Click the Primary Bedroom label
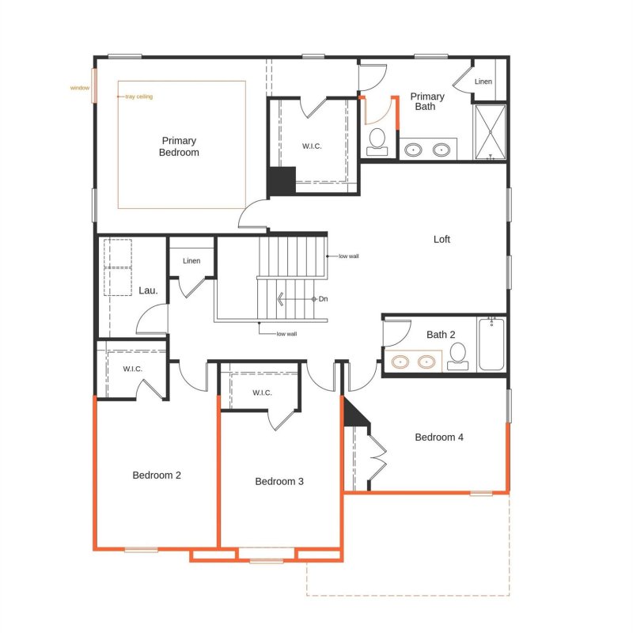click(x=179, y=146)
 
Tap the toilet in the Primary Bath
click(x=377, y=142)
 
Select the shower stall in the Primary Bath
click(x=490, y=132)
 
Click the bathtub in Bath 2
click(x=491, y=344)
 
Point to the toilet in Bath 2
click(x=458, y=356)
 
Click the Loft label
click(x=442, y=240)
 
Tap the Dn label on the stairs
click(x=323, y=299)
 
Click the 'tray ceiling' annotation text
click(x=139, y=97)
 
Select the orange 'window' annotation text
click(x=80, y=88)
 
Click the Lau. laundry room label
click(x=148, y=290)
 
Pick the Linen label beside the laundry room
click(x=191, y=261)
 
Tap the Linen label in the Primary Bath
click(x=483, y=81)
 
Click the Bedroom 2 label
click(x=157, y=476)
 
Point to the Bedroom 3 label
click(x=279, y=481)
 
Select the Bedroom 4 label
click(x=439, y=438)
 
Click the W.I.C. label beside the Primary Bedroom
click(x=312, y=146)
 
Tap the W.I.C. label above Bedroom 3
click(x=262, y=392)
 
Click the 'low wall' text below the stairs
click(x=286, y=334)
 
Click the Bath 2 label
click(x=441, y=335)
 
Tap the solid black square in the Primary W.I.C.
click(x=282, y=180)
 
